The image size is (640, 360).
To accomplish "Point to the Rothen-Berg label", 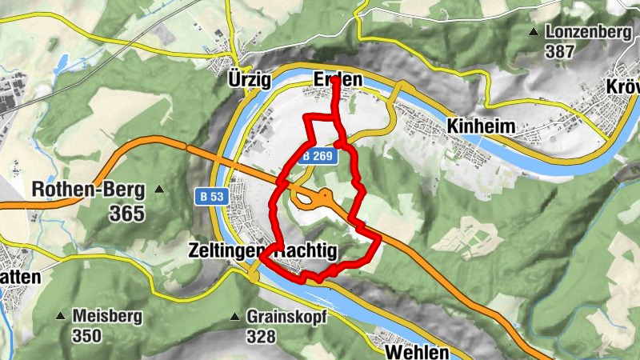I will point(88,190).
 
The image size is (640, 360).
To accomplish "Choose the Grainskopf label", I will point(286,316).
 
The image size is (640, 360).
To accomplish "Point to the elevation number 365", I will point(127,213).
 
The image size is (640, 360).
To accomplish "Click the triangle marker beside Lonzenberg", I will point(534,32).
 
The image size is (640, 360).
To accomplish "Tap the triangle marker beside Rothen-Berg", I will point(160,190).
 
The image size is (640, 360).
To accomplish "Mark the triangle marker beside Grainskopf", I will point(235,316).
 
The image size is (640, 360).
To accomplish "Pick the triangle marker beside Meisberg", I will point(61,315).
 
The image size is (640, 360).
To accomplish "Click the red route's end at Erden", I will point(336,80).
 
